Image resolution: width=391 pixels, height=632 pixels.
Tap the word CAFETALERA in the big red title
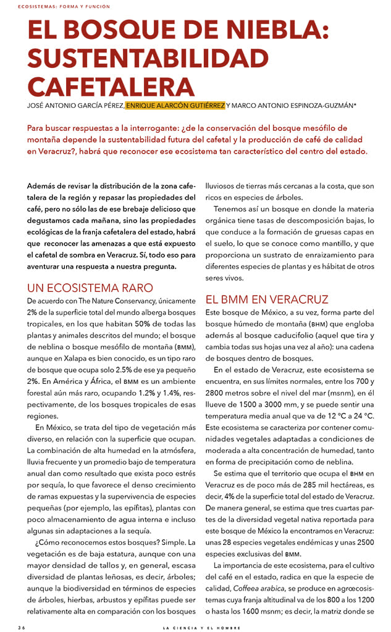[111, 86]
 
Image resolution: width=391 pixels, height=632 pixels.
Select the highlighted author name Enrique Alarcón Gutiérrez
[175, 106]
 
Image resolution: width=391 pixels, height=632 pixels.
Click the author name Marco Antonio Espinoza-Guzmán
[294, 106]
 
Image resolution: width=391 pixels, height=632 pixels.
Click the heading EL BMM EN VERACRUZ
[267, 300]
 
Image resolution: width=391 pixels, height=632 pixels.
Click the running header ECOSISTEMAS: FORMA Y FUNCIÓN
[56, 7]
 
